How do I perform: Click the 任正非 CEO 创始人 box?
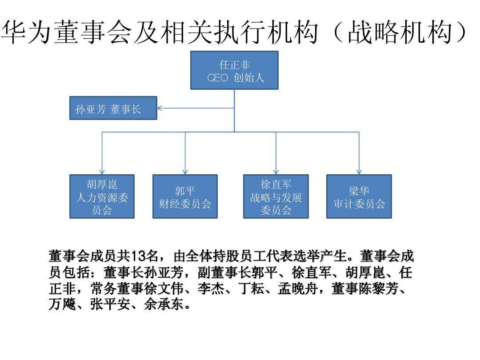click(x=234, y=70)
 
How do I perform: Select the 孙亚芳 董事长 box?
click(x=113, y=108)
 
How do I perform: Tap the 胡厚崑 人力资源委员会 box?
click(x=102, y=196)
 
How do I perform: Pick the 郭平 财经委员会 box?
click(x=185, y=196)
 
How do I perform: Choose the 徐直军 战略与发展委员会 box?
click(x=276, y=196)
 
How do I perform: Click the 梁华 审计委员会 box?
click(x=359, y=196)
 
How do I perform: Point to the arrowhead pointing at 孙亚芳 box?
click(x=160, y=108)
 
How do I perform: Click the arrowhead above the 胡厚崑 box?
click(x=102, y=171)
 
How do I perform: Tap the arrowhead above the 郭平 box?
click(x=185, y=171)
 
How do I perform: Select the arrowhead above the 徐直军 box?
click(x=276, y=171)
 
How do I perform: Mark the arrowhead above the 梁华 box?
click(x=359, y=171)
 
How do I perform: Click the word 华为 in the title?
click(x=27, y=33)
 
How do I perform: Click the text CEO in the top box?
click(x=218, y=78)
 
